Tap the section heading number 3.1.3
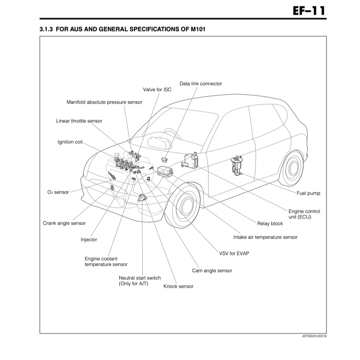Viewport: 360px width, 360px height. point(46,29)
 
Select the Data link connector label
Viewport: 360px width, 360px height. point(200,84)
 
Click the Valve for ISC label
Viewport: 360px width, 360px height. point(157,90)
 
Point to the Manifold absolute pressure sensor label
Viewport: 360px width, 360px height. point(104,102)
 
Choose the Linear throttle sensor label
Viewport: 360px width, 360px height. point(79,121)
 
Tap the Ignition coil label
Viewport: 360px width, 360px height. point(70,142)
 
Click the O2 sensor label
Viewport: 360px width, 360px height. point(58,192)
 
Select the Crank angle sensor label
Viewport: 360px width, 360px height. point(64,223)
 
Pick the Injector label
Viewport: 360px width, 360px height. point(89,240)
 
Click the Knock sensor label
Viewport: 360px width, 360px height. point(178,286)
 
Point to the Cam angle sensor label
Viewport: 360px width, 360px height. point(212,271)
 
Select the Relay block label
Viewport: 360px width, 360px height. point(270,224)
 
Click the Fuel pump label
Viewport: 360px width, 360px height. point(308,193)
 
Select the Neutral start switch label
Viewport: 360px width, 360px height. point(140,281)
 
